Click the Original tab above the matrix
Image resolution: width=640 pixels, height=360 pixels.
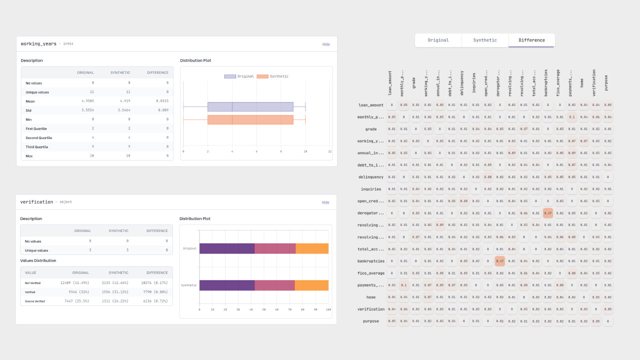pyautogui.click(x=438, y=40)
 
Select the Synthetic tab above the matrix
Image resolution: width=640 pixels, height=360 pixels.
pyautogui.click(x=485, y=40)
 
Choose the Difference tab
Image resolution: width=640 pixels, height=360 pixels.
pyautogui.click(x=531, y=40)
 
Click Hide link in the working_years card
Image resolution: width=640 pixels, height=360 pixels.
pyautogui.click(x=326, y=44)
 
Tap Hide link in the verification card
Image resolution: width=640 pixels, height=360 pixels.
pyautogui.click(x=325, y=202)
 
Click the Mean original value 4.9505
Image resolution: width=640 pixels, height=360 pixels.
pyautogui.click(x=85, y=101)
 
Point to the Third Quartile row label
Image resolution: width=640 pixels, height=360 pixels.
pyautogui.click(x=37, y=147)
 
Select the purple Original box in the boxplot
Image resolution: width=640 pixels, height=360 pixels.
pyautogui.click(x=250, y=106)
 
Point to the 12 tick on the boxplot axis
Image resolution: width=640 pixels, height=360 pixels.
pyautogui.click(x=329, y=151)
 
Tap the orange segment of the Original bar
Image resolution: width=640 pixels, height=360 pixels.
pyautogui.click(x=312, y=248)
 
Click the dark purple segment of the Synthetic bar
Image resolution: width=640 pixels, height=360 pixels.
pyautogui.click(x=227, y=285)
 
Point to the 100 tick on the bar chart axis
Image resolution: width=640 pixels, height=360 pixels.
pyautogui.click(x=328, y=309)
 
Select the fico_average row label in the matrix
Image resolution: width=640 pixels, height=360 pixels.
pyautogui.click(x=370, y=273)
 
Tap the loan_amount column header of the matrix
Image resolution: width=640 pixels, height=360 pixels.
pyautogui.click(x=390, y=82)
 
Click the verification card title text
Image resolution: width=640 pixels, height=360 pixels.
pyautogui.click(x=36, y=202)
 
